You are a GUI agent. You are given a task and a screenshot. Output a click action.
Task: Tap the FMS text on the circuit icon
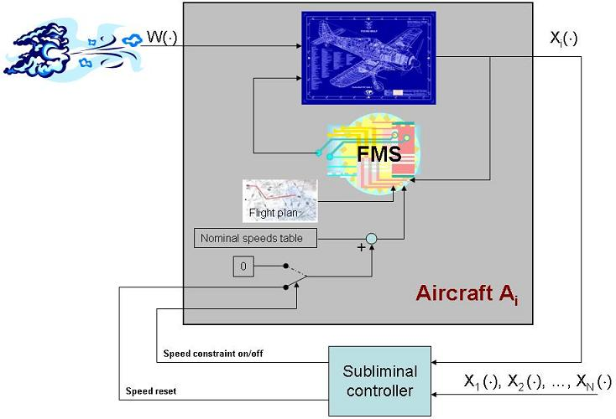(374, 156)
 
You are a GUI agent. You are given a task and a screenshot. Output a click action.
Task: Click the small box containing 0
(243, 267)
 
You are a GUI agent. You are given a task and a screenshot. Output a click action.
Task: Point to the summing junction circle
(372, 241)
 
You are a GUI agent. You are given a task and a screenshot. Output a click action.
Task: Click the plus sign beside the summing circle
(362, 249)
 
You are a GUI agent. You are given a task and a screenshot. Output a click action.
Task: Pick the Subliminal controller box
(380, 380)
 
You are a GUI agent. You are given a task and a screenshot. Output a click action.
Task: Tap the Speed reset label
(151, 391)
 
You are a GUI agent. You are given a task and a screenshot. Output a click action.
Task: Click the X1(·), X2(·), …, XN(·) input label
(537, 382)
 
